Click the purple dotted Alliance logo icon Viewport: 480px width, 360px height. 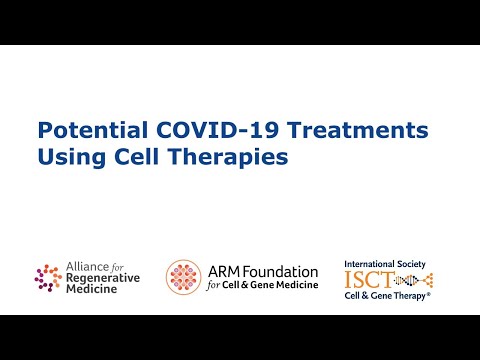48,276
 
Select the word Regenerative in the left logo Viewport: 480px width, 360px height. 103,277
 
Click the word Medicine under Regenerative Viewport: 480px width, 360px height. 93,289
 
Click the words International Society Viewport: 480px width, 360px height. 385,264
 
